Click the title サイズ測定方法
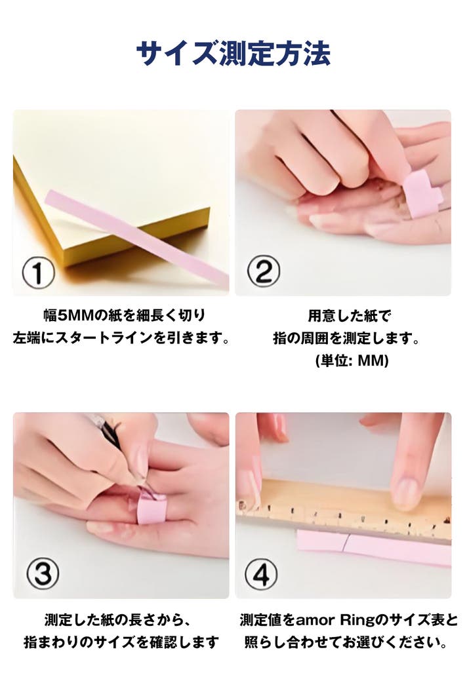233,54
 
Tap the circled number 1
39,273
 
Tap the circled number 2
264,271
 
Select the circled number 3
43,573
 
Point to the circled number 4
262,575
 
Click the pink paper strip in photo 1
137,239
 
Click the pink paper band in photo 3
151,509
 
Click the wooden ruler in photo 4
344,512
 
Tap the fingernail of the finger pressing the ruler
405,492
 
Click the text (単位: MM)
352,360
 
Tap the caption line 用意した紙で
350,316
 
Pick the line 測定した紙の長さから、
118,620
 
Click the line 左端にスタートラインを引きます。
121,338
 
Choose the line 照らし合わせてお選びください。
346,642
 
